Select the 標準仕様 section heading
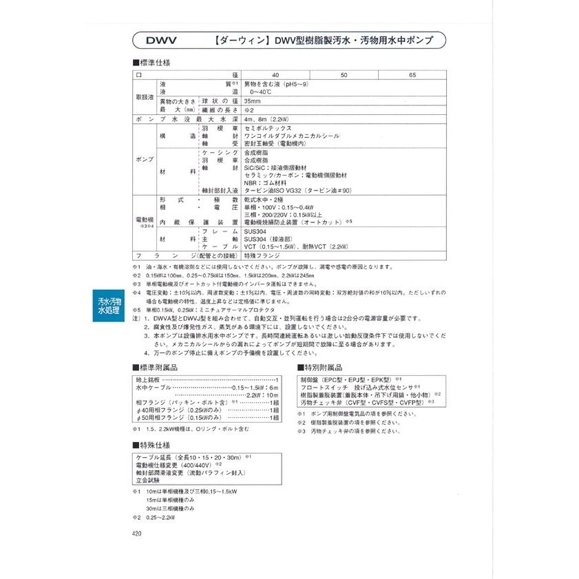click(x=151, y=63)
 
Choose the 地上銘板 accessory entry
click(x=148, y=380)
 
